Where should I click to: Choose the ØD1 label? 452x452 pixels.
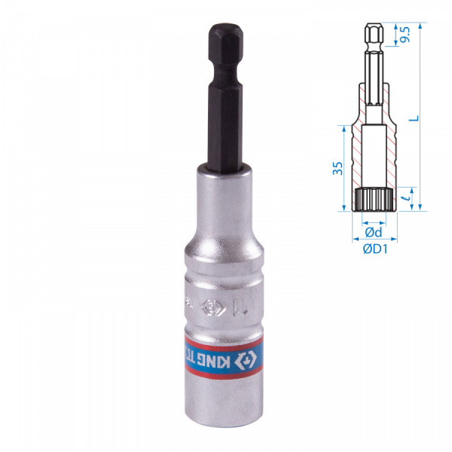374,249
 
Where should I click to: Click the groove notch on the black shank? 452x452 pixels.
224,72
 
